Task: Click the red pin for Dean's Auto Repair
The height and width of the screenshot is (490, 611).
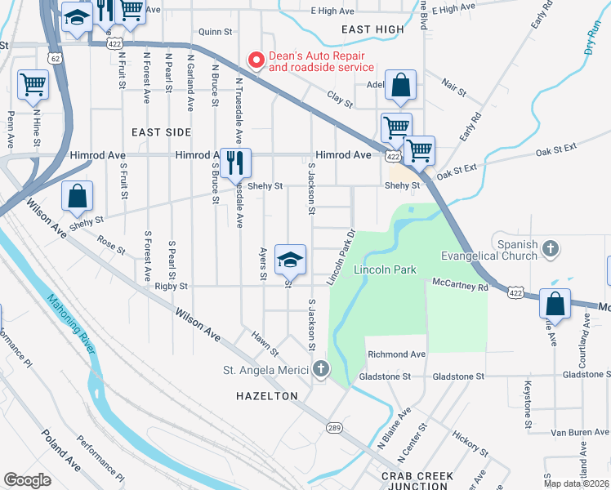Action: (x=256, y=60)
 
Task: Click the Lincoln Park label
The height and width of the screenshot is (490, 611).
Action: (x=385, y=269)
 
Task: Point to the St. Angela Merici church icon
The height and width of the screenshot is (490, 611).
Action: (x=320, y=371)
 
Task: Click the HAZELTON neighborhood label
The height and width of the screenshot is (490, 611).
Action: (x=261, y=395)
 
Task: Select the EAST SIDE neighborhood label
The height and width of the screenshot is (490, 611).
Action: (x=161, y=131)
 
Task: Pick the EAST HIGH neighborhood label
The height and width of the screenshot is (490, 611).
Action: (x=372, y=29)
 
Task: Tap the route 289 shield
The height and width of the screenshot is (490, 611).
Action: (x=334, y=426)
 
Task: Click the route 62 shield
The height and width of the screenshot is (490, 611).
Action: (x=54, y=58)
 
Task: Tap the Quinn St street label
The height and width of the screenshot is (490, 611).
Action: (x=216, y=32)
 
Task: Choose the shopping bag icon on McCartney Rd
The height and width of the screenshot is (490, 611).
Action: (x=555, y=303)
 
